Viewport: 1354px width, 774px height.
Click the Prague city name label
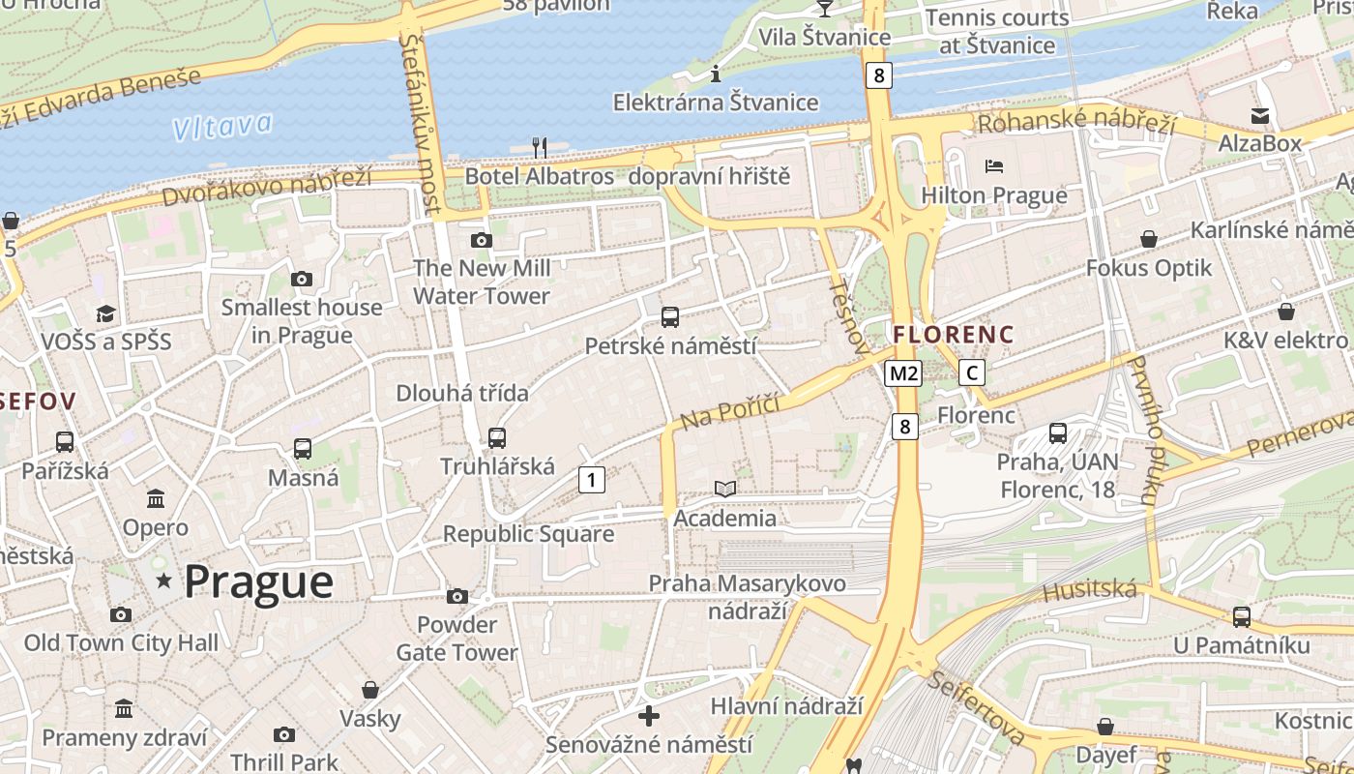pyautogui.click(x=258, y=581)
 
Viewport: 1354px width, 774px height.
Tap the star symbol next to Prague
pyautogui.click(x=164, y=580)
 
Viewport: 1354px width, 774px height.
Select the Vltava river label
pyautogui.click(x=222, y=126)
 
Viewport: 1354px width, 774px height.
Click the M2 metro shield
pyautogui.click(x=902, y=373)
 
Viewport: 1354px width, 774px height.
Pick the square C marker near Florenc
pyautogui.click(x=972, y=373)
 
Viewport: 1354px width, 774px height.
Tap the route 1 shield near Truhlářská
pyautogui.click(x=592, y=479)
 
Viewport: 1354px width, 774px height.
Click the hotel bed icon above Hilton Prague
pyautogui.click(x=994, y=166)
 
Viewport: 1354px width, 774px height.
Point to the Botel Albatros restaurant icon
pyautogui.click(x=540, y=148)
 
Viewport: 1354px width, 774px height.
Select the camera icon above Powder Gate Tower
pyautogui.click(x=457, y=596)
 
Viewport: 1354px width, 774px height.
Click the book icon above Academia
pyautogui.click(x=724, y=490)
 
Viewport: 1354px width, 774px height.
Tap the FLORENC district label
pyautogui.click(x=954, y=335)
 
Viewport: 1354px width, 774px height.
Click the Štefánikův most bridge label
pyautogui.click(x=423, y=124)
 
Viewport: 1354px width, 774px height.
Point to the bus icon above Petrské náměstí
pyautogui.click(x=669, y=317)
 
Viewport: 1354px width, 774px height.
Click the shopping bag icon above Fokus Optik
pyautogui.click(x=1149, y=238)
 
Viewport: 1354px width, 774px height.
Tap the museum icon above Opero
pyautogui.click(x=156, y=499)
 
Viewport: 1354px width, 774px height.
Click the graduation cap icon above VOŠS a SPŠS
pyautogui.click(x=105, y=313)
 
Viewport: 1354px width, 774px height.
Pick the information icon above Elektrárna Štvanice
pyautogui.click(x=716, y=74)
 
